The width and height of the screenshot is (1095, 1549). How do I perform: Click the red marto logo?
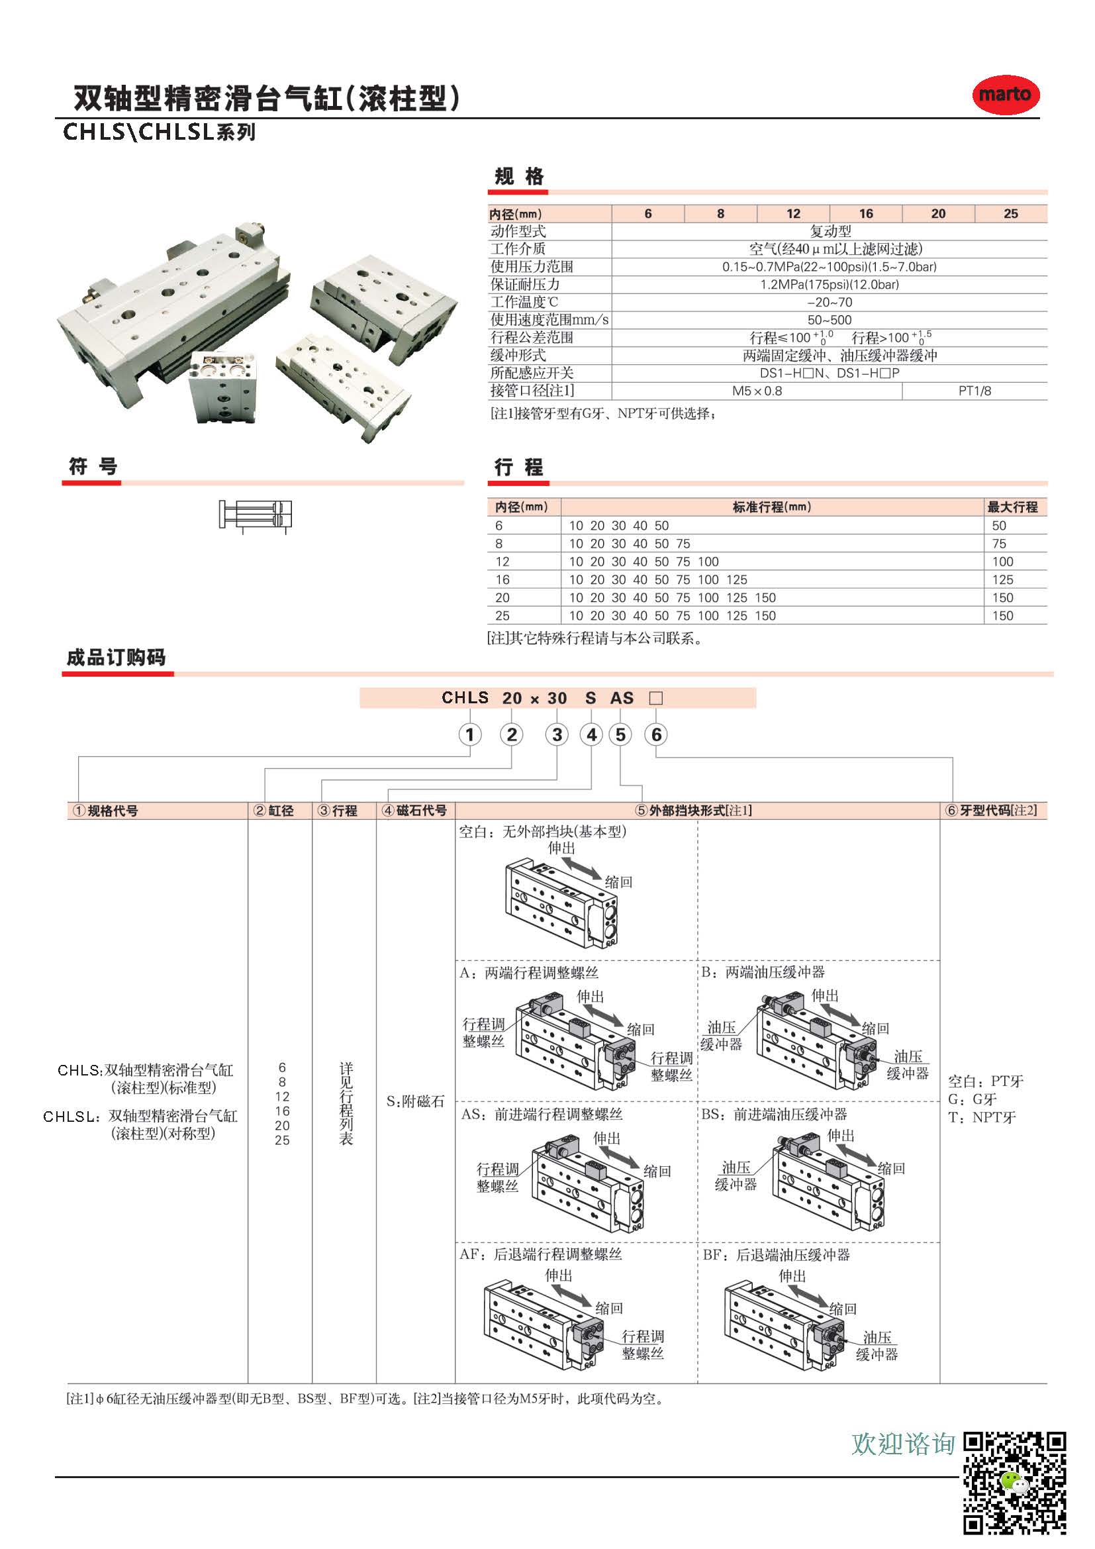(1005, 95)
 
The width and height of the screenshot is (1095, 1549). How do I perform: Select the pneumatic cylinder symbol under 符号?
(255, 515)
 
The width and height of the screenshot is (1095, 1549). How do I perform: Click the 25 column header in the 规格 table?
(1010, 214)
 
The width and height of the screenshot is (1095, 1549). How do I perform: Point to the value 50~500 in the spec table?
(830, 320)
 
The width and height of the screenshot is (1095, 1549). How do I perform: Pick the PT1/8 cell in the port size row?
(975, 391)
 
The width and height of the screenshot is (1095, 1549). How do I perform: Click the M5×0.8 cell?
(757, 391)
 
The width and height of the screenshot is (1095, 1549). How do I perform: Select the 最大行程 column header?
(1012, 507)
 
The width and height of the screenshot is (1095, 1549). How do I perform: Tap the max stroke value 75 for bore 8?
(998, 544)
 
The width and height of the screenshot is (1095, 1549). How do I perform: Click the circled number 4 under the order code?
(591, 734)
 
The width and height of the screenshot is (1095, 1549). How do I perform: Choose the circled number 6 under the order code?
(656, 734)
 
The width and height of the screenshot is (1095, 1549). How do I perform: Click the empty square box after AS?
(655, 698)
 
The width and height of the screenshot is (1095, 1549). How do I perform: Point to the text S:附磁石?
(415, 1102)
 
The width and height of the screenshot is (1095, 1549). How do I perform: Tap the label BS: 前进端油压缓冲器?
(773, 1115)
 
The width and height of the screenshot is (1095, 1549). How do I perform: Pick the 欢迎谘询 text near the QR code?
(903, 1444)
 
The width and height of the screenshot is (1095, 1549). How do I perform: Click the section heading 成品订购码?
(116, 657)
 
